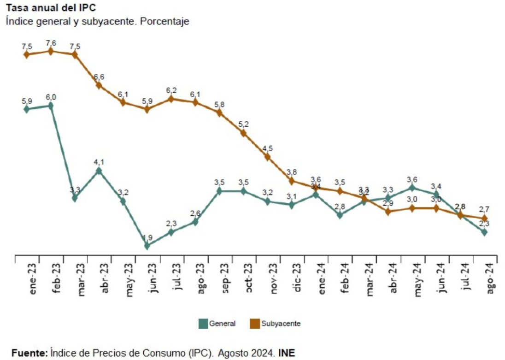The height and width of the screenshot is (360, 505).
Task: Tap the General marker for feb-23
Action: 51,106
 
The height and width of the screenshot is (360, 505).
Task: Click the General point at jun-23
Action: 147,246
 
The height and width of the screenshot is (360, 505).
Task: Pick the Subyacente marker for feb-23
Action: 51,51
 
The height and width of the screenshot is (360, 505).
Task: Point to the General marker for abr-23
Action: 99,171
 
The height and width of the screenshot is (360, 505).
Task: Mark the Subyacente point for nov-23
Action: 267,157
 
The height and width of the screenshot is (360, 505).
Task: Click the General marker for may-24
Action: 412,188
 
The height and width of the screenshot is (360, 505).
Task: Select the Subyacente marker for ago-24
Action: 484,218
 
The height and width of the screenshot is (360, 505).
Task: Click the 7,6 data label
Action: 51,43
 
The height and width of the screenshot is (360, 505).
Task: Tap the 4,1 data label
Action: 99,162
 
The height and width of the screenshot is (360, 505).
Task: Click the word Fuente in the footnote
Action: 29,353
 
